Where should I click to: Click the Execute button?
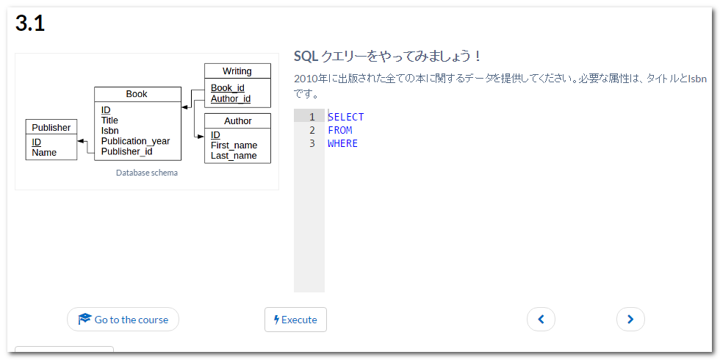295,320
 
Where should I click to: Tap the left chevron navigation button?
541,319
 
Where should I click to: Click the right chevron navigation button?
630,319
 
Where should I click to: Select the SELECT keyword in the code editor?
345,117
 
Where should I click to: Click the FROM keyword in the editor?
339,130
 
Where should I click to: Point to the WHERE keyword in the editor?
342,143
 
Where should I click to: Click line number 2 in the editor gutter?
312,130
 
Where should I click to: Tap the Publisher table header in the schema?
51,127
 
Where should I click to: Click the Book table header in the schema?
137,94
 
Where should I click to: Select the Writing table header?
237,71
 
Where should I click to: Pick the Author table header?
237,120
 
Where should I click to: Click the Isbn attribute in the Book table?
110,131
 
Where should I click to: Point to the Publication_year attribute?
135,141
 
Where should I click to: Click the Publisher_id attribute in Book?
126,151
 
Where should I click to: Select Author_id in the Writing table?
231,98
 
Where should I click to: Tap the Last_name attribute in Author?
234,155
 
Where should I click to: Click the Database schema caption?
147,173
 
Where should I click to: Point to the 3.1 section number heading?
30,24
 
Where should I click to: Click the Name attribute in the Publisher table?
44,153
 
